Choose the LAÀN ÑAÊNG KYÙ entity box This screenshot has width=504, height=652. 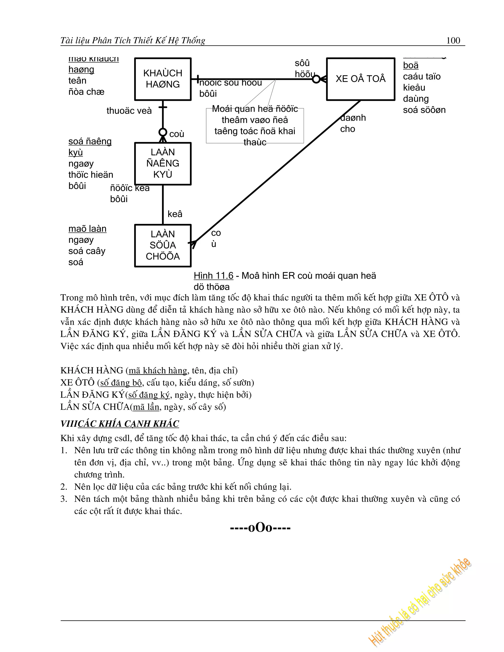pyautogui.click(x=163, y=163)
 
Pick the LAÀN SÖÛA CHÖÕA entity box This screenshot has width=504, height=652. pyautogui.click(x=163, y=245)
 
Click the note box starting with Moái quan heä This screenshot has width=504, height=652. pyautogui.click(x=255, y=126)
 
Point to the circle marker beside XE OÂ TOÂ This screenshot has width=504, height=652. pyautogui.click(x=316, y=79)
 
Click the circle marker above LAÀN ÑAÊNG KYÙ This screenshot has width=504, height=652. pyautogui.click(x=163, y=132)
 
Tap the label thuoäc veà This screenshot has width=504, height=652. pyautogui.click(x=129, y=111)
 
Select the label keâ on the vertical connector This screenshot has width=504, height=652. pyautogui.click(x=175, y=214)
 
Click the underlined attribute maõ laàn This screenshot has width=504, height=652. pyautogui.click(x=87, y=229)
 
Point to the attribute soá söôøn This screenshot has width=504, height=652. pyautogui.click(x=424, y=110)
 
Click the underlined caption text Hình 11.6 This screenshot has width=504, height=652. pyautogui.click(x=213, y=276)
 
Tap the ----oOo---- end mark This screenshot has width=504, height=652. pyautogui.click(x=260, y=528)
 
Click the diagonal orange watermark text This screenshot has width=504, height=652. pyautogui.click(x=420, y=603)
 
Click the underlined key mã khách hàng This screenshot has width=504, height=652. pyautogui.click(x=158, y=371)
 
